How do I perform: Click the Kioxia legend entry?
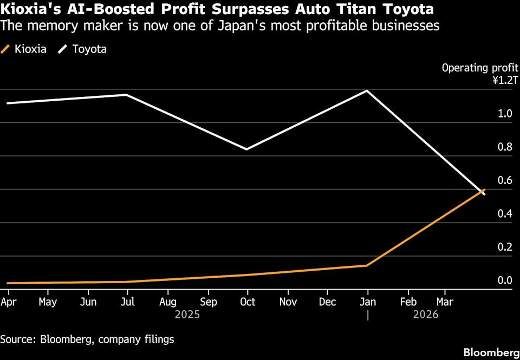tap(23, 49)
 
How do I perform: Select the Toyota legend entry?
tap(82, 49)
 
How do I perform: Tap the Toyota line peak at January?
tap(367, 90)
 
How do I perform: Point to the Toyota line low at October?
tap(247, 149)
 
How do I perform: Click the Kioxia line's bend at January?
tap(367, 265)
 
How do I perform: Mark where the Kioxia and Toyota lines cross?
tap(482, 191)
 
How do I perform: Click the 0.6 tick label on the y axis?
tap(505, 181)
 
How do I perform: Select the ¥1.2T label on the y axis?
tap(505, 80)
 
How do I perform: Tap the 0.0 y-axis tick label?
tap(505, 281)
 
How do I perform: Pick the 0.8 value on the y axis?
tap(505, 147)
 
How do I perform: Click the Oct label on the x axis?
tap(248, 302)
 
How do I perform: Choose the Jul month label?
tap(128, 302)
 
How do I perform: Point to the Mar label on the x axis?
tap(445, 302)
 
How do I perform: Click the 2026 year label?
tap(426, 314)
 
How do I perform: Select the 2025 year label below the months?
tap(187, 314)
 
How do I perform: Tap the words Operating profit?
tap(480, 68)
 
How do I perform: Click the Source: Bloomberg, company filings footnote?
tap(87, 339)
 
